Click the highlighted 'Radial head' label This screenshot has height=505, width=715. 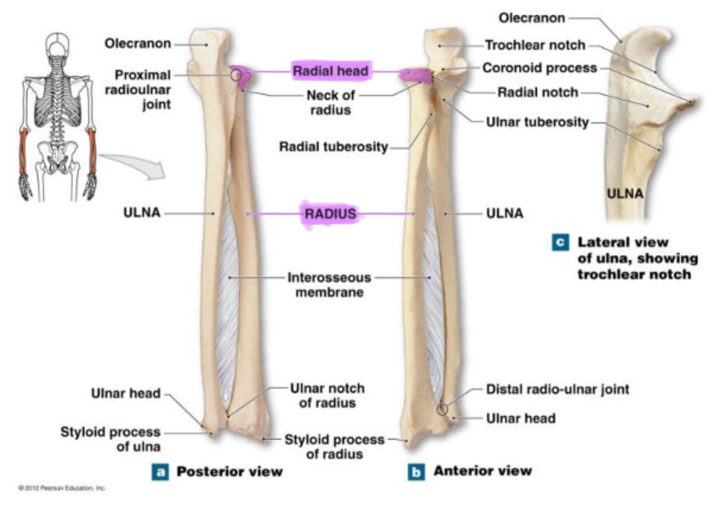point(330,71)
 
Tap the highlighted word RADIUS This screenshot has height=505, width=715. point(330,214)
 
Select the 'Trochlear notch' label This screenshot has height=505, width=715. point(535,45)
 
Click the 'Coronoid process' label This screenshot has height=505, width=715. point(539,68)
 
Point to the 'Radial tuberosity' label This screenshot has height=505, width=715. point(333,147)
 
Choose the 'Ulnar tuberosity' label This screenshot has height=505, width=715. point(537,122)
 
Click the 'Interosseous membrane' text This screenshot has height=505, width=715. point(329,285)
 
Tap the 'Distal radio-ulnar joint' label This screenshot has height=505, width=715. point(557,389)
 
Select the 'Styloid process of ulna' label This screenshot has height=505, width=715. point(110,439)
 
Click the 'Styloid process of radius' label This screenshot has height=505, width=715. point(334,447)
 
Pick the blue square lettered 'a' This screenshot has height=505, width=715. point(160,472)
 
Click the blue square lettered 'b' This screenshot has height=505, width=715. point(416,472)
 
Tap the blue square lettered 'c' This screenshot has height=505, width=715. point(560,242)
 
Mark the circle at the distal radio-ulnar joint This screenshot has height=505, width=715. point(441,409)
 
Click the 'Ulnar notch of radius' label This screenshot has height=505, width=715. point(327,395)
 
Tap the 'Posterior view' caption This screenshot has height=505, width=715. point(229,472)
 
